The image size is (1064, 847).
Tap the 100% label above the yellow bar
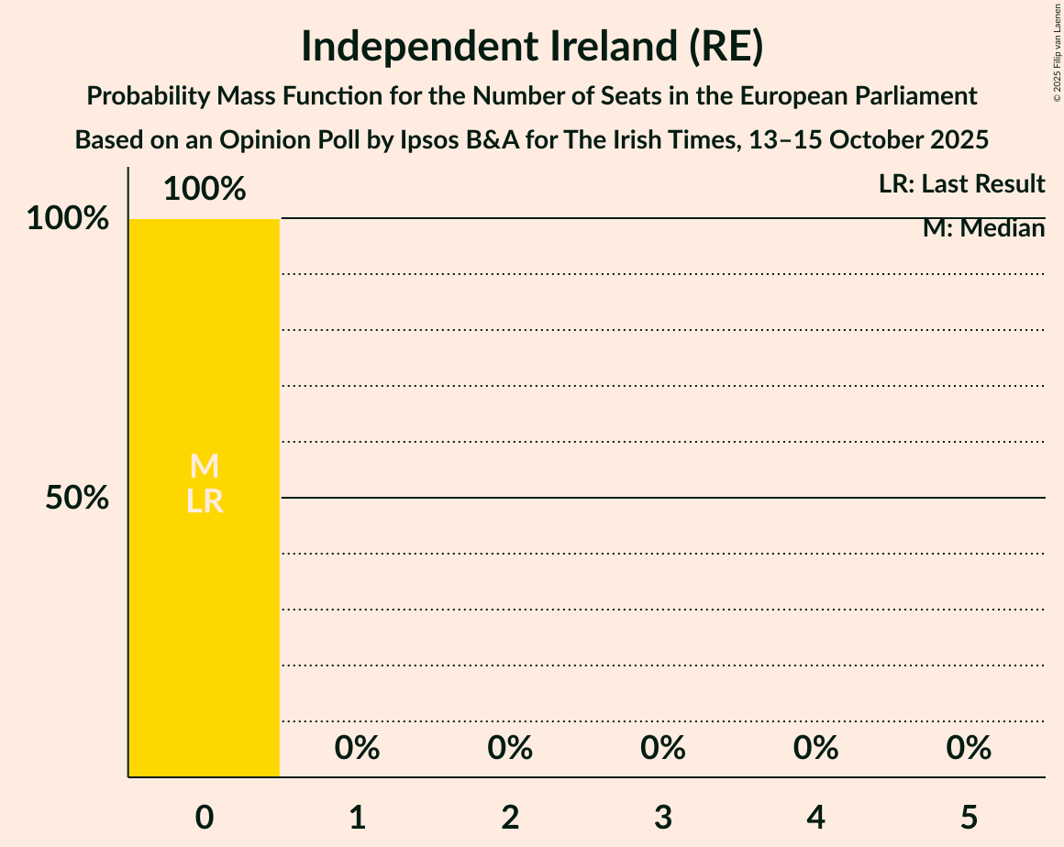point(205,189)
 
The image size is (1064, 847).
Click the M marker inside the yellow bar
point(205,467)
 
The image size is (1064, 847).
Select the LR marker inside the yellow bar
point(205,500)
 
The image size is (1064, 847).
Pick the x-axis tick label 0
point(205,817)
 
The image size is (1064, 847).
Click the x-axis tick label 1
point(358,817)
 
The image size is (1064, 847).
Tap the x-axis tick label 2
point(510,817)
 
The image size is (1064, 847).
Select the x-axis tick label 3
point(663,817)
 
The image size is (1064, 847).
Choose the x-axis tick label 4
point(816,817)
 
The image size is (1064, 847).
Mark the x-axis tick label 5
point(970,817)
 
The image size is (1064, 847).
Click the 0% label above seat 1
point(358,748)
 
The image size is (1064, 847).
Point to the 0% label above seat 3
point(663,748)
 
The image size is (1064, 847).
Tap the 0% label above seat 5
point(970,748)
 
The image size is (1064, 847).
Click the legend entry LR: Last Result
point(961,184)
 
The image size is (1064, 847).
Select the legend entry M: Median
point(983,228)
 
